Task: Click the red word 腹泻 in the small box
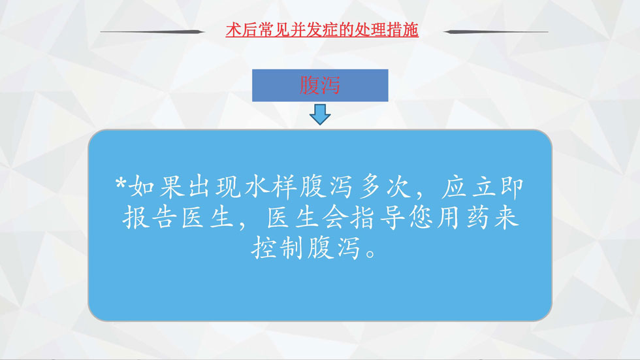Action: (x=319, y=86)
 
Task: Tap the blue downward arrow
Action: (x=320, y=114)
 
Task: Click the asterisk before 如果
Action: (x=120, y=183)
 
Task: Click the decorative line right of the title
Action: (x=496, y=31)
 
